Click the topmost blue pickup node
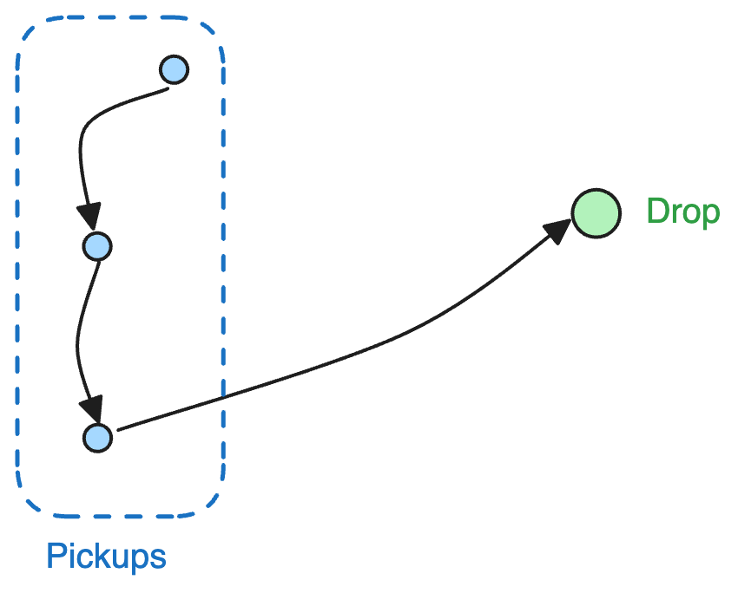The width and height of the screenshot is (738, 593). coord(175,68)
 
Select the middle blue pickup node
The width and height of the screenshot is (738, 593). coord(97,247)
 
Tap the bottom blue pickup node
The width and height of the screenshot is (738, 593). coord(97,438)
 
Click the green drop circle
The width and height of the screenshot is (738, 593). coord(596,213)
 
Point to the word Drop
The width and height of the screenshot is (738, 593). coord(683,212)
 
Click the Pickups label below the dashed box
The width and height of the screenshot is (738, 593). coord(106,556)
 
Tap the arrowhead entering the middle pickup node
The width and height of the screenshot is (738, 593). coord(89,217)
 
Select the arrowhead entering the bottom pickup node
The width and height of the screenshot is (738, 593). coord(91,408)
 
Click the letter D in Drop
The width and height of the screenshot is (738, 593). coord(657,212)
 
